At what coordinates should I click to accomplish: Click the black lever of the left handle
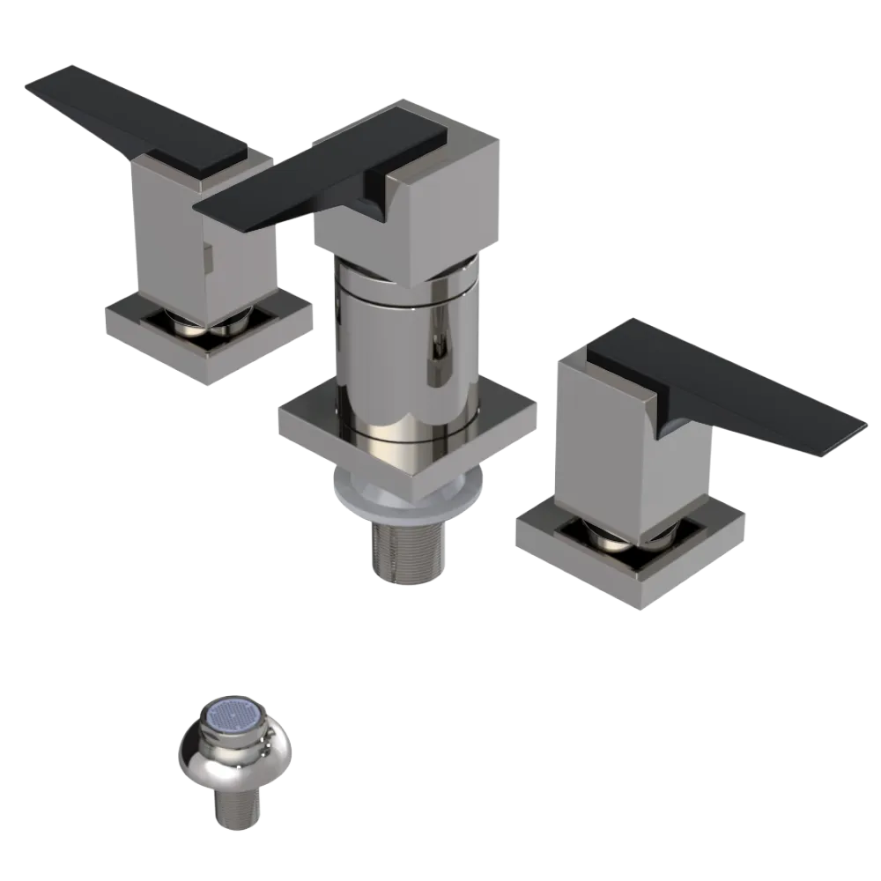click(132, 115)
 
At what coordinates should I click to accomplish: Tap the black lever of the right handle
click(731, 388)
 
